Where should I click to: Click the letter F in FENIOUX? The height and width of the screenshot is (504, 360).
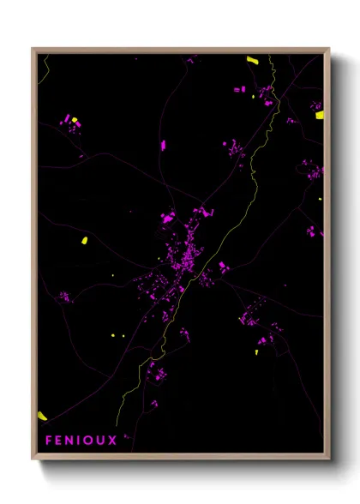click(x=49, y=441)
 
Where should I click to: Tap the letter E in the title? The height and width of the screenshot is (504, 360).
click(x=61, y=441)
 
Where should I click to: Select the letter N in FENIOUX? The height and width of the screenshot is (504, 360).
click(x=73, y=441)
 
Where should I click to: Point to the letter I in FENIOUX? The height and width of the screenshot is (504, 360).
click(x=82, y=441)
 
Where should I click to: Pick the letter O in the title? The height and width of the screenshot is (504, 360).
click(x=93, y=441)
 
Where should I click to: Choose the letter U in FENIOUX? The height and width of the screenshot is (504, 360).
click(x=105, y=441)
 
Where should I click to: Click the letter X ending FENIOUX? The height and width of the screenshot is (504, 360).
click(x=118, y=441)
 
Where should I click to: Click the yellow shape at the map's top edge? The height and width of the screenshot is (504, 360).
click(x=253, y=60)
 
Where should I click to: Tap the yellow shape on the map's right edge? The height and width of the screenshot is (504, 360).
click(x=320, y=114)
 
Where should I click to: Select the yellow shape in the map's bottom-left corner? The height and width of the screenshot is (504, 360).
click(x=42, y=416)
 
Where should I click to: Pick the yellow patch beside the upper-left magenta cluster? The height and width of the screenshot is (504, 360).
click(x=75, y=120)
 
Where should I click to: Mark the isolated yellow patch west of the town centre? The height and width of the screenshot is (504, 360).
click(x=85, y=240)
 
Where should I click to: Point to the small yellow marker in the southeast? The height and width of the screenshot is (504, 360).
click(x=257, y=351)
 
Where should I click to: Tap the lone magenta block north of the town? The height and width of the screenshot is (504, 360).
click(x=163, y=145)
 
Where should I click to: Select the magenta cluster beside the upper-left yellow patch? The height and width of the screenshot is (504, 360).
click(x=66, y=122)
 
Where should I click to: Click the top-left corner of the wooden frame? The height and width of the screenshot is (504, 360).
click(x=33, y=49)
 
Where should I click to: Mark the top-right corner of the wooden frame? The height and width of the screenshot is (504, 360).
click(x=329, y=49)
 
